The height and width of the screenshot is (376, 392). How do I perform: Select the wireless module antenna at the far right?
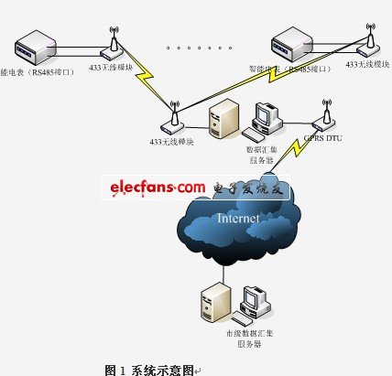click(x=370, y=38)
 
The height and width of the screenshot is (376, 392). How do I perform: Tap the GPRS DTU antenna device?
click(x=323, y=117)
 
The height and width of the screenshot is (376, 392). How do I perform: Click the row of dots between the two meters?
click(x=196, y=45)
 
